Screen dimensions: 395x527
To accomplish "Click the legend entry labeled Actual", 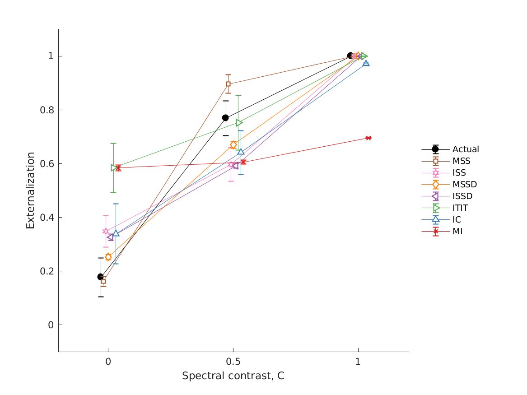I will (x=465, y=149).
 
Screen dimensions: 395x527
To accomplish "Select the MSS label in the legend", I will (x=461, y=161).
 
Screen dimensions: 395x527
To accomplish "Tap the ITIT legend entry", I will (x=460, y=208).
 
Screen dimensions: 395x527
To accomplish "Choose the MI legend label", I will (x=457, y=232).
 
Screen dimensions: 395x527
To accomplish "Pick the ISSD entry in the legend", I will (x=462, y=196).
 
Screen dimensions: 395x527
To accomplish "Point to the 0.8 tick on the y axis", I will (x=47, y=110).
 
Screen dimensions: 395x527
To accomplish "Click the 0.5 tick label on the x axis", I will (x=233, y=362).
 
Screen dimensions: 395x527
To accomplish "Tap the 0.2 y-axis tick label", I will (x=47, y=271).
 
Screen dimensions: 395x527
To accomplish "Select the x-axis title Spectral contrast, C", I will (x=233, y=376).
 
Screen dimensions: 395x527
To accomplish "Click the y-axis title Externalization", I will (x=30, y=190).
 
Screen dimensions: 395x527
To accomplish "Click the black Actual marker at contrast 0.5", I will (x=225, y=118).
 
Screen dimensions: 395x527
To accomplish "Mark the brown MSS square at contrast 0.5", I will (x=228, y=84).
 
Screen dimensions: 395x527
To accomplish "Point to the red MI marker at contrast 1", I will (x=368, y=138).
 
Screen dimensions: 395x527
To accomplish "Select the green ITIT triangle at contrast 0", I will (x=114, y=168).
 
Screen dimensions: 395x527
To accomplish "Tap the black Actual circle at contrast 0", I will (x=101, y=277).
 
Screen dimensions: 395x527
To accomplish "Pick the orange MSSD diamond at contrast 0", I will (x=108, y=257).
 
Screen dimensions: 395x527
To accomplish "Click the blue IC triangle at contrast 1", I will (x=366, y=63).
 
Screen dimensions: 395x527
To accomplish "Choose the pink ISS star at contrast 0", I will (x=106, y=231).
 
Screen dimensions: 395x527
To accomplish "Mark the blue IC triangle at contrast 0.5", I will (x=241, y=152).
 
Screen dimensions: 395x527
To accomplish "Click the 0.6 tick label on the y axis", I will (x=47, y=163).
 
